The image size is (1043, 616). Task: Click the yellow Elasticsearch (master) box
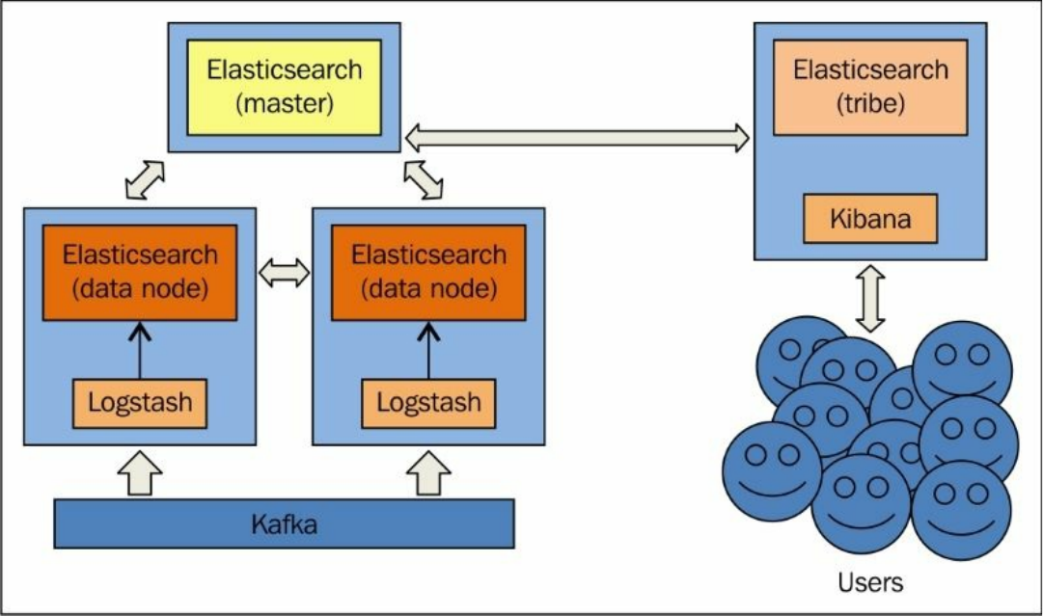pyautogui.click(x=285, y=87)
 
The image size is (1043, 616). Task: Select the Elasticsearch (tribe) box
pyautogui.click(x=870, y=87)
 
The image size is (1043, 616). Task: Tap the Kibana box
pyautogui.click(x=870, y=218)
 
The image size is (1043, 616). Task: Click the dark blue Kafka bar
pyautogui.click(x=284, y=524)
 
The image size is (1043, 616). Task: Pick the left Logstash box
pyautogui.click(x=140, y=403)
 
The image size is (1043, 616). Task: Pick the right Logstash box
pyautogui.click(x=428, y=403)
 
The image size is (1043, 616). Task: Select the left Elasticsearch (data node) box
pyautogui.click(x=140, y=273)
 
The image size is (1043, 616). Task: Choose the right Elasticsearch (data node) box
pyautogui.click(x=428, y=273)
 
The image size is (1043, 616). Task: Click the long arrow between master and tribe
pyautogui.click(x=577, y=138)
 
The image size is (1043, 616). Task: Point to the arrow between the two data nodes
pyautogui.click(x=285, y=274)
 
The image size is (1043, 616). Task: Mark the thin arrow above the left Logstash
pyautogui.click(x=140, y=350)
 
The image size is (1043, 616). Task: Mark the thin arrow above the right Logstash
pyautogui.click(x=428, y=350)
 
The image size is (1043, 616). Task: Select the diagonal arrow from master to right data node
pyautogui.click(x=424, y=180)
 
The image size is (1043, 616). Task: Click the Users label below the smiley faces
pyautogui.click(x=871, y=582)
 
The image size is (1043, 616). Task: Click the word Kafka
pyautogui.click(x=284, y=524)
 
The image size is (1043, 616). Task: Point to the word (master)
pyautogui.click(x=285, y=103)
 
